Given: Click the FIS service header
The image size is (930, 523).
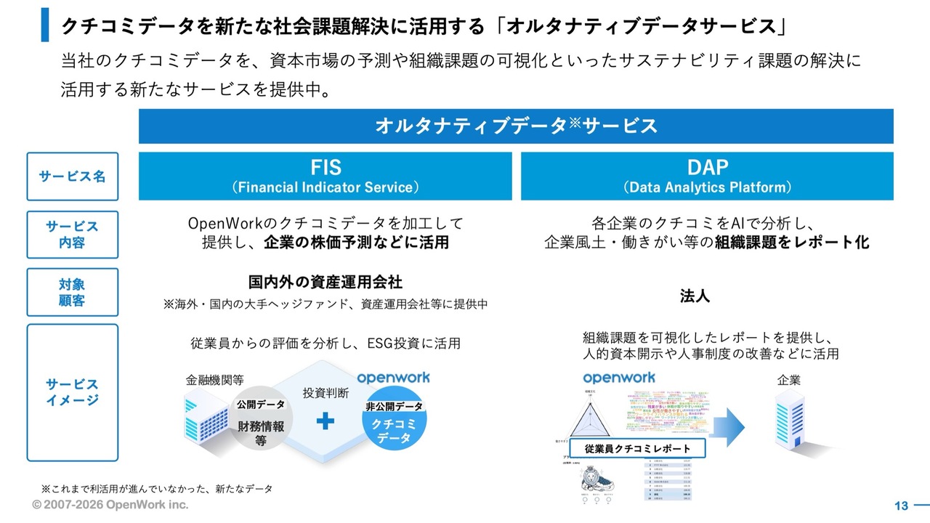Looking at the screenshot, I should tap(325, 176).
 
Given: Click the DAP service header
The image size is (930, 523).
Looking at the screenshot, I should tap(707, 176).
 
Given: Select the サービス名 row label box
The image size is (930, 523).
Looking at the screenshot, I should tap(72, 177).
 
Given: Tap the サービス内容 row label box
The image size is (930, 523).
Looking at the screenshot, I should tap(72, 234).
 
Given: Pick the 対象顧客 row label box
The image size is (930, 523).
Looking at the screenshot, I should tap(72, 292).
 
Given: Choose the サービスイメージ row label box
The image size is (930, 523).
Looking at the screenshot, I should tap(72, 392).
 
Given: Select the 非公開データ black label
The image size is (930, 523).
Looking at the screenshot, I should tap(394, 407).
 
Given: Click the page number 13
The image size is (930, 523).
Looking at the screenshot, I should tap(902, 506).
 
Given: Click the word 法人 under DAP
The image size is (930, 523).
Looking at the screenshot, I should tap(695, 296).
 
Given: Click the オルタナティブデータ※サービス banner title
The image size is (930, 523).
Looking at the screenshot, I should tap(516, 126).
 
